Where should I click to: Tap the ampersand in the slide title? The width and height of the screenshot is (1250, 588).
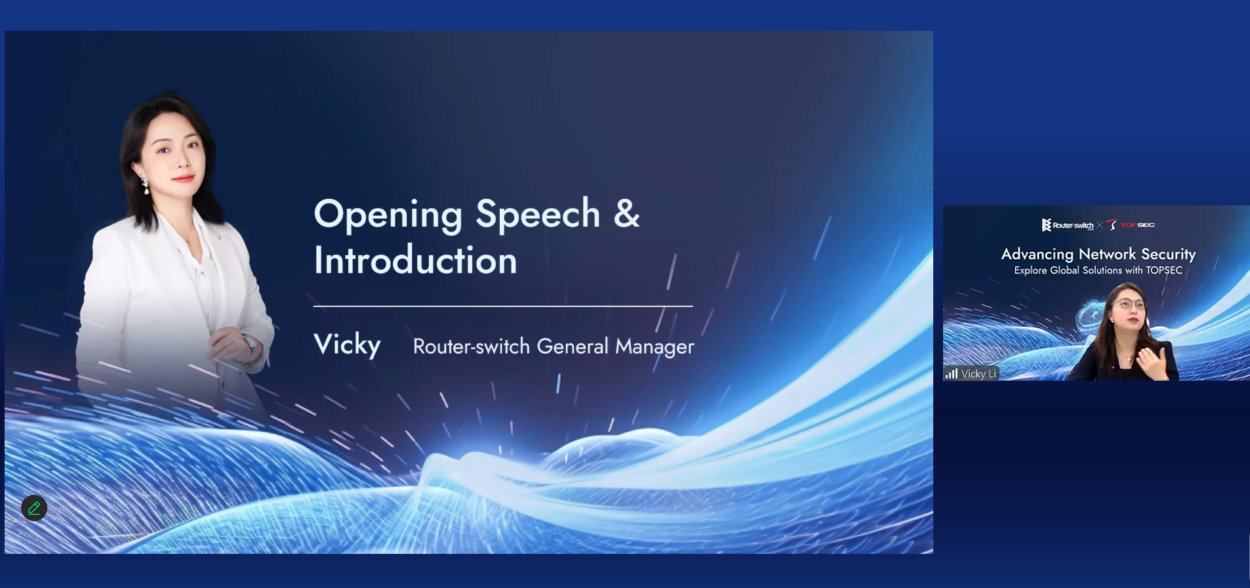(626, 213)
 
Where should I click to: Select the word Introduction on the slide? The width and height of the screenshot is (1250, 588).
(415, 260)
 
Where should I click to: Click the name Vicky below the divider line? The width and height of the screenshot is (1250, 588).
(347, 345)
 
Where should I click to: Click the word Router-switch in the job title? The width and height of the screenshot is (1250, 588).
(471, 346)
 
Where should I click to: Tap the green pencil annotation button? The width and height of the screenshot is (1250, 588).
(34, 507)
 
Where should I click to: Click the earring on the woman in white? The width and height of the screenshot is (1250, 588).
(146, 186)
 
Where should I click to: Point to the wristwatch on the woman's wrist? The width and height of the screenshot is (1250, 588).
(249, 345)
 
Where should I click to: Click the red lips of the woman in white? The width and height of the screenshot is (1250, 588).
(183, 178)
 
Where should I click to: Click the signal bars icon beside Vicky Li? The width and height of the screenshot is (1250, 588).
(952, 373)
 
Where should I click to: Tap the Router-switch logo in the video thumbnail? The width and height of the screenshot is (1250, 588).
(1068, 225)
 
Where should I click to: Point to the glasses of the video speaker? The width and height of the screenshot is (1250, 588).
(1129, 304)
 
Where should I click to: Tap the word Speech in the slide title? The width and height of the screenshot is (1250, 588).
(538, 215)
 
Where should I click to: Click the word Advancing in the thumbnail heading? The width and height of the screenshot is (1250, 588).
(1038, 255)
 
